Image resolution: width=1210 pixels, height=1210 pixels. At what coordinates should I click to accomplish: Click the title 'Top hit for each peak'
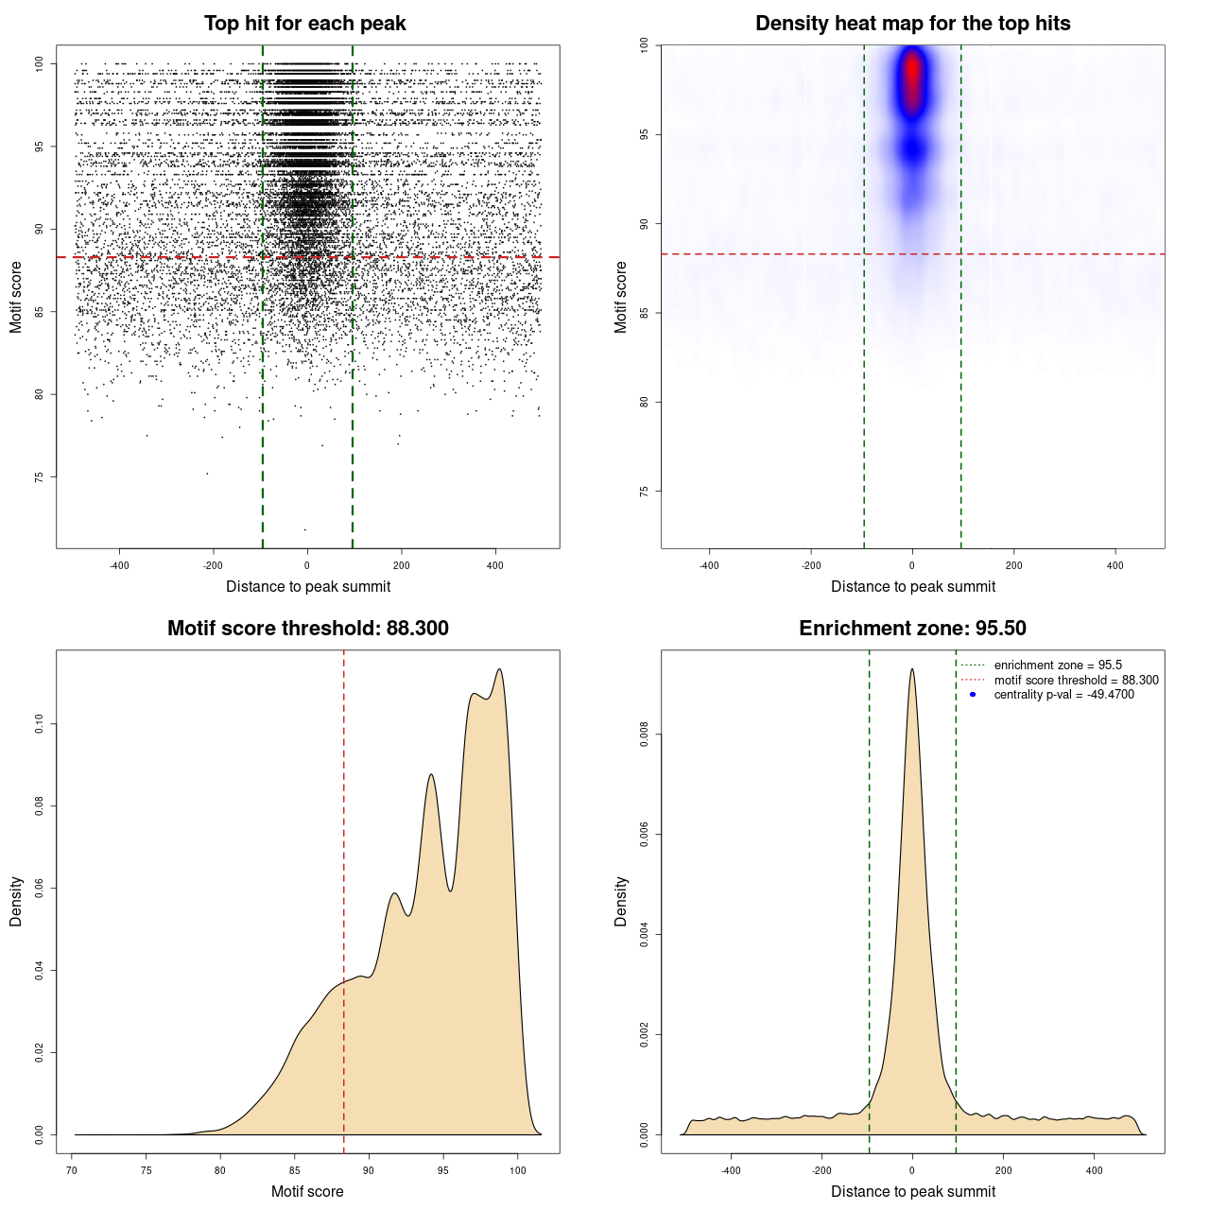[304, 24]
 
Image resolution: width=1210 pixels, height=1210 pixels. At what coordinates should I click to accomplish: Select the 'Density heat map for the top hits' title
[912, 24]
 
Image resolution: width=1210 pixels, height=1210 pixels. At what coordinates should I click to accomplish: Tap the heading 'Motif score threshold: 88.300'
[307, 629]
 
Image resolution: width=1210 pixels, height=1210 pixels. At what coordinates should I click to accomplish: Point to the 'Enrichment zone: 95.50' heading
[912, 629]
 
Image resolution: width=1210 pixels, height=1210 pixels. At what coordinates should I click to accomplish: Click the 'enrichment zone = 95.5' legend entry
[1058, 665]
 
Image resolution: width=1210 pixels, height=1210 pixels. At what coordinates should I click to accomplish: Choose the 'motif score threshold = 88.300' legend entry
[1076, 680]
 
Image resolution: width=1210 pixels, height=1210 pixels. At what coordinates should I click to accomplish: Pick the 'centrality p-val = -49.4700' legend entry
[1063, 695]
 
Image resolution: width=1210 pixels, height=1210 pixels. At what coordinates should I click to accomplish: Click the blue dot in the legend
[973, 695]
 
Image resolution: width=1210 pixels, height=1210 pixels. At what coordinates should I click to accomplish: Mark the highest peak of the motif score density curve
[499, 669]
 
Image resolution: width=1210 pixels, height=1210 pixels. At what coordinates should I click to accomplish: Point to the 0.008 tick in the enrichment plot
[644, 735]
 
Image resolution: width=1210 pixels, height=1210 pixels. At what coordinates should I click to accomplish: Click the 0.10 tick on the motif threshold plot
[39, 724]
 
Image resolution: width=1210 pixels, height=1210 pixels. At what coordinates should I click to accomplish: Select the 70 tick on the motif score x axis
[73, 1169]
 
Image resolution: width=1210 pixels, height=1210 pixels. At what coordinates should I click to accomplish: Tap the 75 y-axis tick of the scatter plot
[39, 477]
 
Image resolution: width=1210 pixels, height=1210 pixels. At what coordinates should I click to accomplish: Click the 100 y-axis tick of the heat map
[644, 45]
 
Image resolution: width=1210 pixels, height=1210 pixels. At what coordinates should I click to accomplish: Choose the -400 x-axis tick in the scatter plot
[119, 565]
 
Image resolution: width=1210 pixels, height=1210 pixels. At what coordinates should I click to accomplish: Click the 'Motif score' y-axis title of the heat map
[620, 297]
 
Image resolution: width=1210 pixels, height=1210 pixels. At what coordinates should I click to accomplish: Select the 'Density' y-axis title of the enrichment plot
[620, 901]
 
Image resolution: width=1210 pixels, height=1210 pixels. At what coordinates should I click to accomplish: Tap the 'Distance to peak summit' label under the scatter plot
[308, 586]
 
